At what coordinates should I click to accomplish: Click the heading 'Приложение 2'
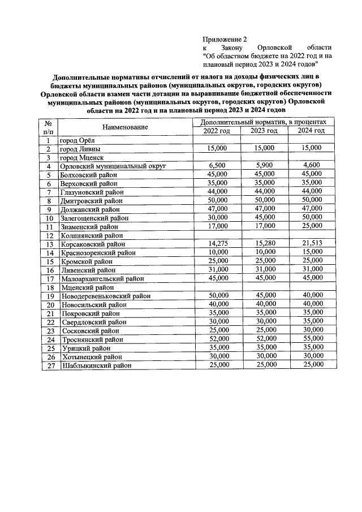[x=225, y=39]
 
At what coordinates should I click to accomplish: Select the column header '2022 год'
[x=217, y=131]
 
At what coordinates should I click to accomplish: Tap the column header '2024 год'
[x=311, y=131]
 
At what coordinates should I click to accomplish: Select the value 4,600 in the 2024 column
[x=312, y=166]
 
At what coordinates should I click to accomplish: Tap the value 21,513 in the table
[x=312, y=244]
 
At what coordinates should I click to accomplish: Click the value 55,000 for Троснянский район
[x=312, y=339]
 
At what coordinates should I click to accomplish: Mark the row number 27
[x=50, y=365]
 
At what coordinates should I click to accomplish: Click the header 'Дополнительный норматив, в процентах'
[x=264, y=122]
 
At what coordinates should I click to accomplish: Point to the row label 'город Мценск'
[x=82, y=158]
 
